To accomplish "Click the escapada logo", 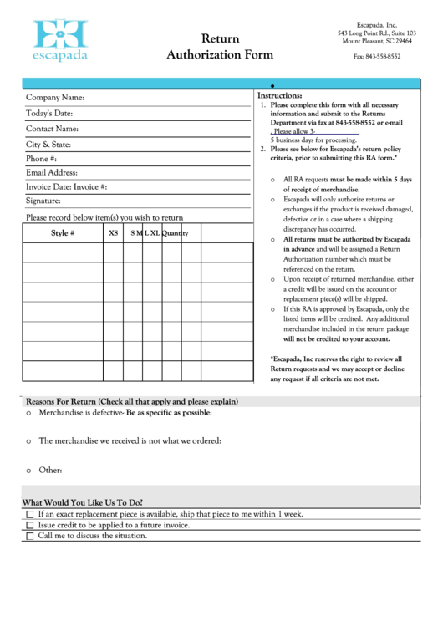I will tap(59, 39).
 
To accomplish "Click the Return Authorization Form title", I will tap(220, 47).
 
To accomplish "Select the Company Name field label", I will tap(55, 98).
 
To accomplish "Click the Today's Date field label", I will tap(49, 114).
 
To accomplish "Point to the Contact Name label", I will tap(52, 129).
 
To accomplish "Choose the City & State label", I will tap(48, 145).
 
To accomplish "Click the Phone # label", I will tap(42, 159).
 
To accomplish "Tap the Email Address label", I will tap(52, 173).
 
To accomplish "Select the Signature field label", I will tap(43, 201).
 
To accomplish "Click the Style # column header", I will tap(63, 233).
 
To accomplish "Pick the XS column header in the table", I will tap(114, 233).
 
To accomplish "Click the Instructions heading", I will tap(279, 96).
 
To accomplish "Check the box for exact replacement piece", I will tap(30, 515).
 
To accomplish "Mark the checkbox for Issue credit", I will tap(30, 526).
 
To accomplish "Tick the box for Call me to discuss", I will tap(30, 537).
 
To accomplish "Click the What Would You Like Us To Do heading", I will tap(82, 502).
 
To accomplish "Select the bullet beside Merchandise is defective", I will tap(28, 414).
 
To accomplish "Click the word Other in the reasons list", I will tap(50, 471).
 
